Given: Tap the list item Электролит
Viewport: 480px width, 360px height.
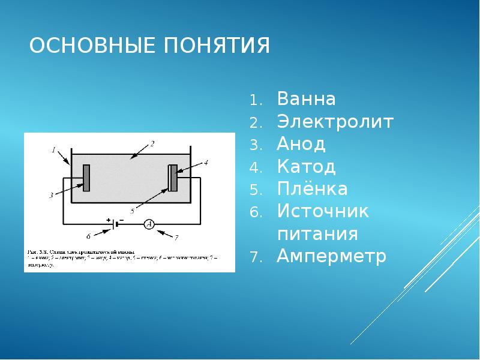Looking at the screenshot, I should click(335, 122).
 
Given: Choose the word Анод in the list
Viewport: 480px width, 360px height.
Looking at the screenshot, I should click(301, 144).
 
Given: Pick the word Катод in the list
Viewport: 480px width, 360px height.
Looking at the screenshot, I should click(306, 166).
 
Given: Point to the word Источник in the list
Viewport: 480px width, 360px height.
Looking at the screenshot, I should click(323, 211).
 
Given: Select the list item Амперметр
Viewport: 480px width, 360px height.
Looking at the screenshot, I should click(332, 256).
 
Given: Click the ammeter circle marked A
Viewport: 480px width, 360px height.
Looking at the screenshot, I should click(149, 224).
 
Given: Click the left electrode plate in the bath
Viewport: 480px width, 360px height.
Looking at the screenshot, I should click(86, 178).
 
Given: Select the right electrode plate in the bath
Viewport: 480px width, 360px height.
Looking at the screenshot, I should click(173, 178).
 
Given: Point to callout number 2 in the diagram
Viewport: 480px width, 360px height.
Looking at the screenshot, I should click(152, 144).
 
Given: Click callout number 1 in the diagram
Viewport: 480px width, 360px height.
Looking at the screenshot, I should click(53, 149).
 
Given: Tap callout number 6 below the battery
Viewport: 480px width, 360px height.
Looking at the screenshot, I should click(88, 236).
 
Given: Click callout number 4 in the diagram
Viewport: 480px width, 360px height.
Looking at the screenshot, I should click(206, 163).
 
